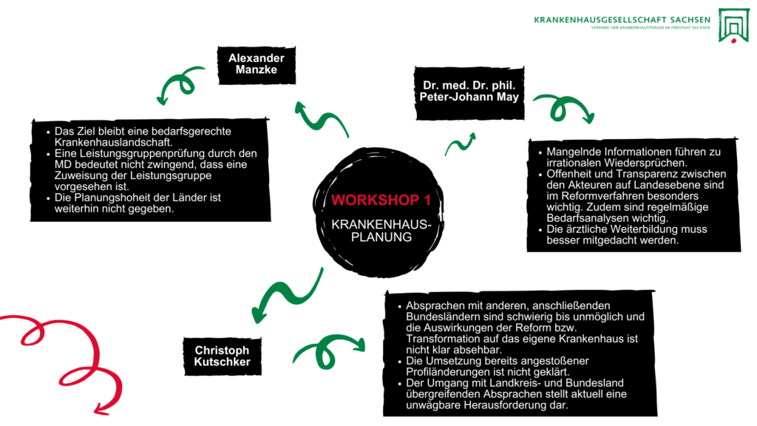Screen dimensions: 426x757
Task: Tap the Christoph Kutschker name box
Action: click(x=222, y=356)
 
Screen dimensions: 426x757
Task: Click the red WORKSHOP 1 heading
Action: click(x=381, y=200)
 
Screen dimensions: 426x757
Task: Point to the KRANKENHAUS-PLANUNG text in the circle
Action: click(x=381, y=230)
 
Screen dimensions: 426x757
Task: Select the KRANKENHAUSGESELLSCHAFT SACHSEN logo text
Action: click(x=621, y=19)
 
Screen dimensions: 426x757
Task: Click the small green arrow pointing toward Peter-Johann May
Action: click(x=460, y=144)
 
